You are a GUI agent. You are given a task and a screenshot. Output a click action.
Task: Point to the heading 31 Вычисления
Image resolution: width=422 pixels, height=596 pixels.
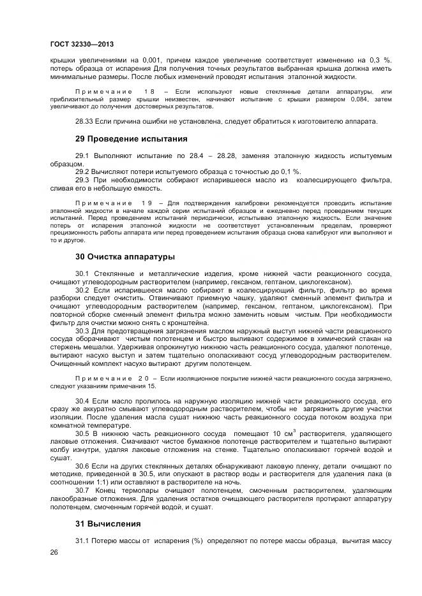point(108,523)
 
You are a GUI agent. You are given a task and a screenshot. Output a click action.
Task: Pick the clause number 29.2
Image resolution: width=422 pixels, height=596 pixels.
point(82,172)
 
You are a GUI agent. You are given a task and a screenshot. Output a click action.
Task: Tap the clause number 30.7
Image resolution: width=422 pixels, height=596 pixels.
point(82,490)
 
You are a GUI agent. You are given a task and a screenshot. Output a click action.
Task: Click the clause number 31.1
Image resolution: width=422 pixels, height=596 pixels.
point(82,541)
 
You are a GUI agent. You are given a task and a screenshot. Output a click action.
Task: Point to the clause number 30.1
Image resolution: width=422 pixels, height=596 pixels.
point(82,273)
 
